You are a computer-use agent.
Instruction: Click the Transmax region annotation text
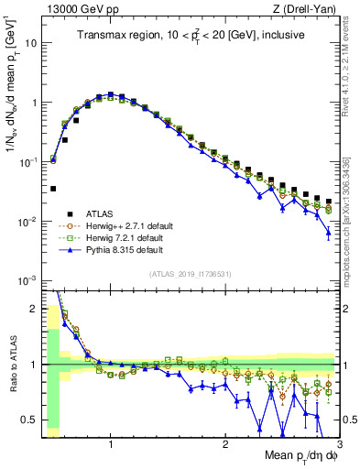pos(191,35)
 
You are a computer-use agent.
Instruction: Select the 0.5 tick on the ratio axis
pos(31,420)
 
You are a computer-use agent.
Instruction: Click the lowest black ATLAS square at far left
pos(53,189)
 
